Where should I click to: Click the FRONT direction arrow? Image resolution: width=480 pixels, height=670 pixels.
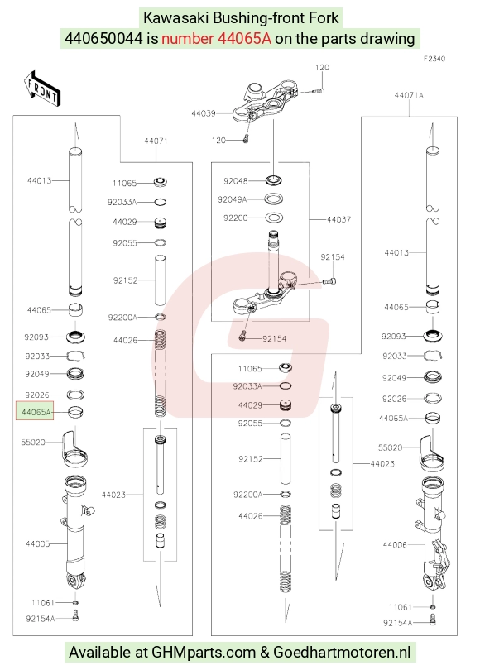click(42, 89)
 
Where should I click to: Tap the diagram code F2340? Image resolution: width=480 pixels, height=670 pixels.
click(434, 59)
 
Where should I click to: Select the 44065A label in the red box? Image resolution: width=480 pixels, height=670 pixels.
click(36, 413)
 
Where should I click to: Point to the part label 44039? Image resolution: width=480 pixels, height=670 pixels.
click(203, 113)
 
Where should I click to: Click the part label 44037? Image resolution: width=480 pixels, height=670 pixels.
click(338, 219)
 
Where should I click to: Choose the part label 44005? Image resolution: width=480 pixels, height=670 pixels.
click(37, 543)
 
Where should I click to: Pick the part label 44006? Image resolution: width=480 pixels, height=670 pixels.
click(395, 544)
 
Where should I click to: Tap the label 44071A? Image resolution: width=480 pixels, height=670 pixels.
click(409, 95)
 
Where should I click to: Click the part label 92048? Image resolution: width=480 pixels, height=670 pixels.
click(236, 181)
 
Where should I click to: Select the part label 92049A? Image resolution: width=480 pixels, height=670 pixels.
click(232, 199)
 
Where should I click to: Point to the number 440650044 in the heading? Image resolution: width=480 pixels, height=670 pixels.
click(103, 38)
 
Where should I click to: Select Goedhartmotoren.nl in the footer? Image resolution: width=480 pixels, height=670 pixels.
click(342, 652)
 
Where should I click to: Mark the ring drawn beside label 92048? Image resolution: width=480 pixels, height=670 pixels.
click(274, 181)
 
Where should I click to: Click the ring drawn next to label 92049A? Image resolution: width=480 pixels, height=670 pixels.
click(274, 199)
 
